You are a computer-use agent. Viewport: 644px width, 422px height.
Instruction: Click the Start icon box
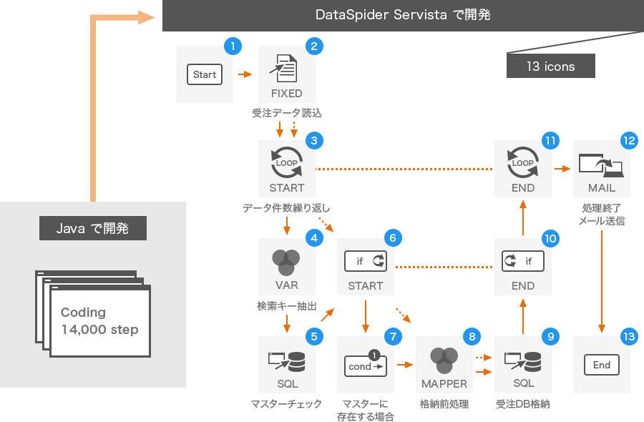coord(205,74)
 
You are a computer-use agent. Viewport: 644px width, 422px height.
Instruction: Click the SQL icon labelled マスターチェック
coord(286,361)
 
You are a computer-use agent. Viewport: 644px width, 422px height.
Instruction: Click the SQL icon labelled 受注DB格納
coord(523,361)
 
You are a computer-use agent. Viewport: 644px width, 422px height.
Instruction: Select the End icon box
coord(602,365)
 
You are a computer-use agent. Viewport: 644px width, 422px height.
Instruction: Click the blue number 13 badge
coord(629,336)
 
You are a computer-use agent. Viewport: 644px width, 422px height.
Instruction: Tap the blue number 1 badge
coord(233,46)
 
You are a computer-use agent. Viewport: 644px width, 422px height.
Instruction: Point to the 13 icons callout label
coord(550,67)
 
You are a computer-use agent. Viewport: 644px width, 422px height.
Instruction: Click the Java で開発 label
coord(93,229)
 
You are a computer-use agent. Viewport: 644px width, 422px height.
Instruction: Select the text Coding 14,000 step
coord(99,321)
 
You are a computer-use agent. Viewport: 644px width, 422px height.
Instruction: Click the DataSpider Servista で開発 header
coord(403,15)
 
